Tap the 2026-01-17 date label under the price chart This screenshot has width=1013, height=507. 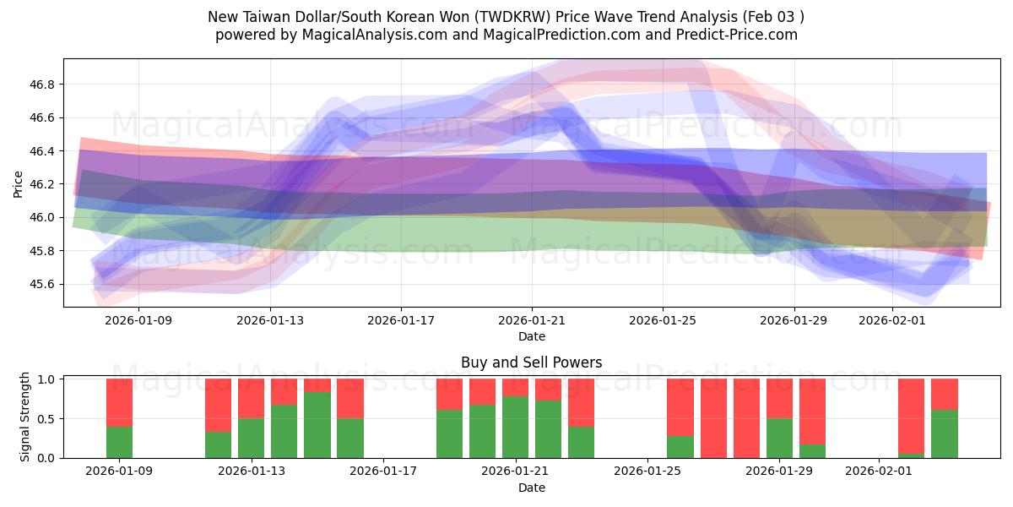pos(401,320)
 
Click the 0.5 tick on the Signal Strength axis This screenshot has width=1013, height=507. pos(47,419)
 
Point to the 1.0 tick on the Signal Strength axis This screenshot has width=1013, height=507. pos(47,379)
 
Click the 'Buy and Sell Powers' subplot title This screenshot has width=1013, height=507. pos(531,363)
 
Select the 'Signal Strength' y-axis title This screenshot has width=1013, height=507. pos(25,417)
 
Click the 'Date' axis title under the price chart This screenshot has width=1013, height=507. pos(531,336)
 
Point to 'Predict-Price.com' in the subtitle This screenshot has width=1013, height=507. pos(732,35)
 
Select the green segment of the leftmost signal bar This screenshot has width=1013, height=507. pos(119,442)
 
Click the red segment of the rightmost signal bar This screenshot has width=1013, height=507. pos(945,394)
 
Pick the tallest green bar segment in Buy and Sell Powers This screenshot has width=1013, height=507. pos(317,425)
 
